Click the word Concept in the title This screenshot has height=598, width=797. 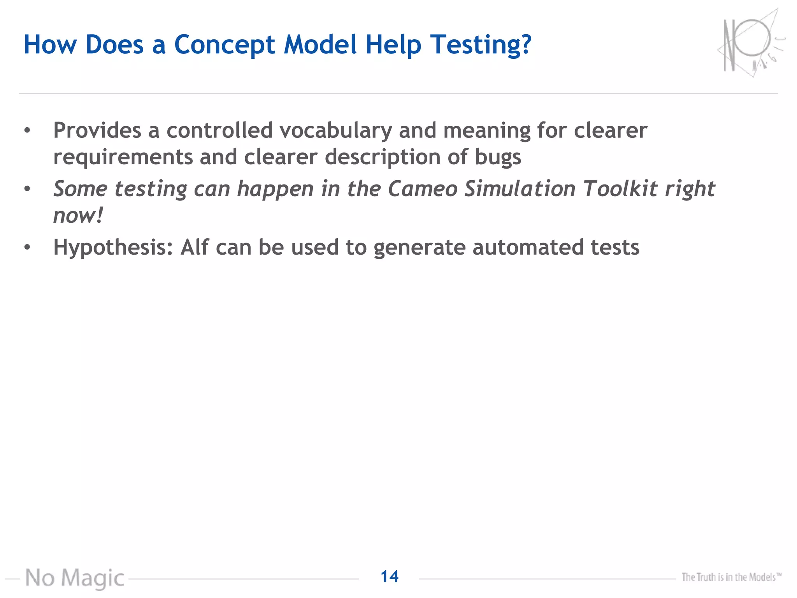pos(225,45)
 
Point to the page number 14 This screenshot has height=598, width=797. pos(389,577)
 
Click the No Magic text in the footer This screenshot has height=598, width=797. pos(75,578)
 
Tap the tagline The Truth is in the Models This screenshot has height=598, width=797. pos(731,577)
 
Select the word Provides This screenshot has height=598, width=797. pos(97,130)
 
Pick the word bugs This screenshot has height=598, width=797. pos(498,157)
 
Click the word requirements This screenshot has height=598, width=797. pos(123,157)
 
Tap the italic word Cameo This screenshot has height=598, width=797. pos(423,189)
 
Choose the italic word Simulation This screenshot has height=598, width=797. pos(520,189)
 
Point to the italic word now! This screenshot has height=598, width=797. pos(78,216)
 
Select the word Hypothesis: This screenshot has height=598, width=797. pos(113,247)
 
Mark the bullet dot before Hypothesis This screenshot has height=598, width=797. pos(27,247)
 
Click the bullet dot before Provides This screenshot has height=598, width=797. pos(27,130)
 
